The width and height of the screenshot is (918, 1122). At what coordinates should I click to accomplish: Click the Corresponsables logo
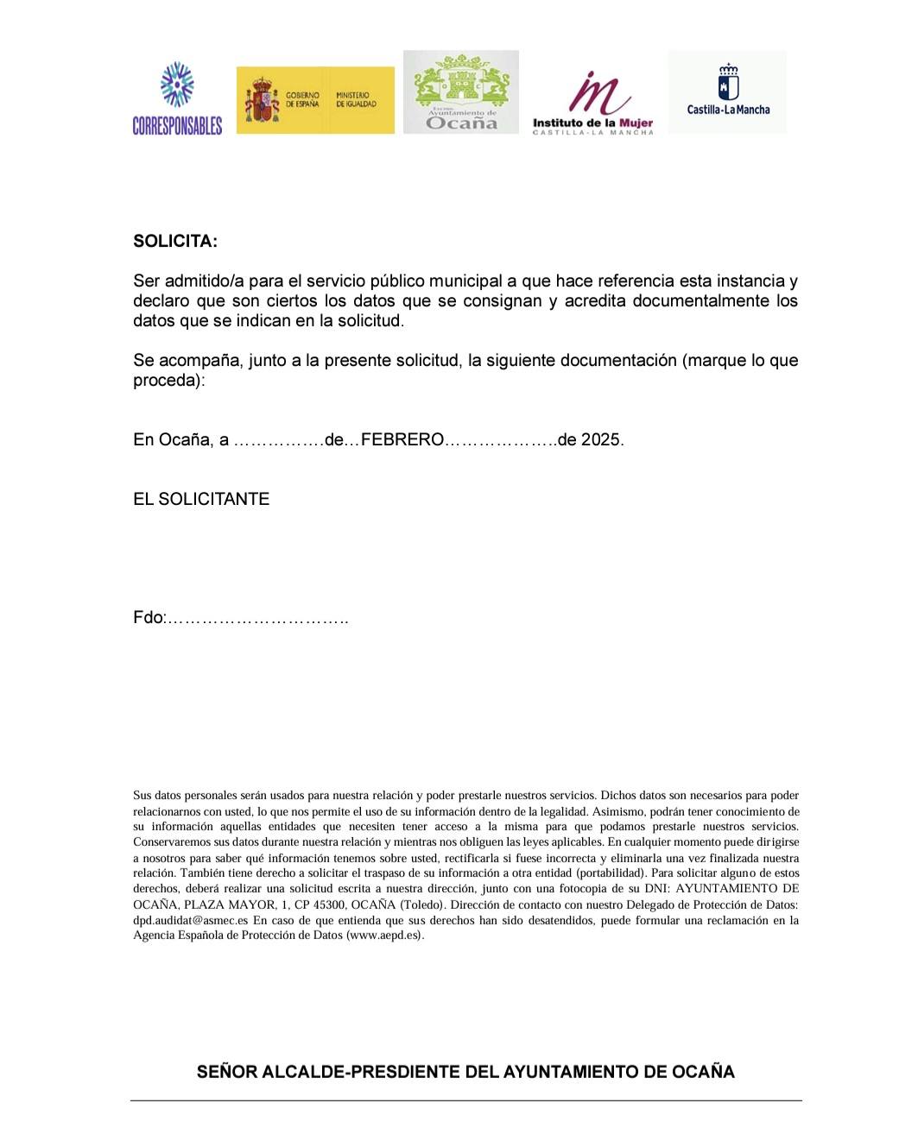pyautogui.click(x=177, y=98)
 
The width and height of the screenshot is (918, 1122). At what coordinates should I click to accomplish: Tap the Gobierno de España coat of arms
pyautogui.click(x=261, y=100)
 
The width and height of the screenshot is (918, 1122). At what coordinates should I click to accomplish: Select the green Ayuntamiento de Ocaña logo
pyautogui.click(x=461, y=92)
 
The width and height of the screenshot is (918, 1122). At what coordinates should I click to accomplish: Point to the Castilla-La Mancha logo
pyautogui.click(x=728, y=91)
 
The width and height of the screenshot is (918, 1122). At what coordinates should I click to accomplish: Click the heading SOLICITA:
pyautogui.click(x=175, y=242)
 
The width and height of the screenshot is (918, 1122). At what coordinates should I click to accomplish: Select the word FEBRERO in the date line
pyautogui.click(x=402, y=440)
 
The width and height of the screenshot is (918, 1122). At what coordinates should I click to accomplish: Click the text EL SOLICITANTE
pyautogui.click(x=201, y=500)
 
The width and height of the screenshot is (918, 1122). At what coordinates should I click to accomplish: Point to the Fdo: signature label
pyautogui.click(x=149, y=618)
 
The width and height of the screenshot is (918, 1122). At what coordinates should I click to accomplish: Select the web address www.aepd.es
pyautogui.click(x=384, y=936)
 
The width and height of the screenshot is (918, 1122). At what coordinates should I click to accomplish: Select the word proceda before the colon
pyautogui.click(x=167, y=381)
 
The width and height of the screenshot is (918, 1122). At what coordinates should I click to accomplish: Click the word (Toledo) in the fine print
pyautogui.click(x=421, y=905)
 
